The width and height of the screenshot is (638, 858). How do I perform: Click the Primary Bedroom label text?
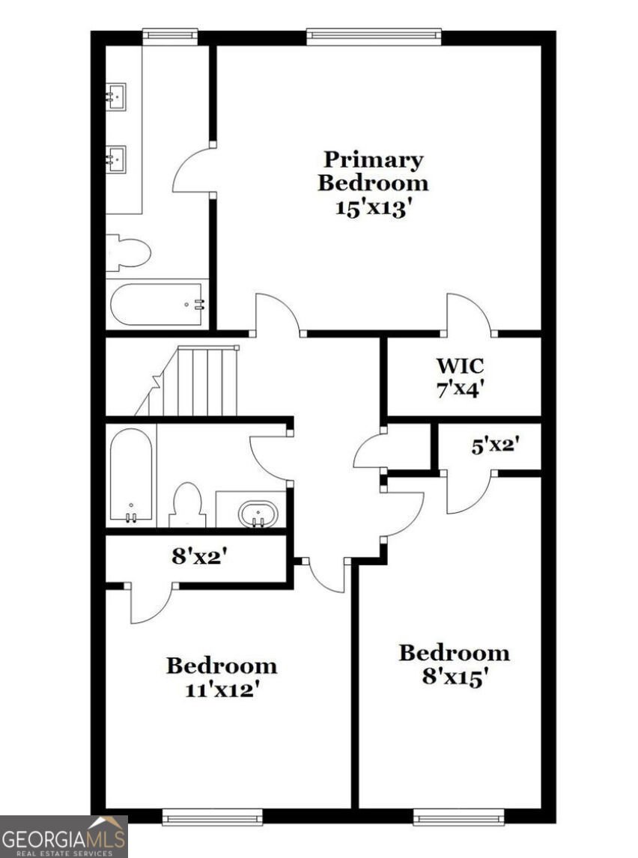coord(373,171)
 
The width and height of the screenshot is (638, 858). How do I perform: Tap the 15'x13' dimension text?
coord(373,207)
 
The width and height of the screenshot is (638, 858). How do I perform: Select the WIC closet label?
coord(460,366)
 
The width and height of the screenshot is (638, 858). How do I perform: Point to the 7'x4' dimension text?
coord(460,389)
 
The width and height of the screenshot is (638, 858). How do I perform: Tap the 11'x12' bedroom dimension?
coord(222,689)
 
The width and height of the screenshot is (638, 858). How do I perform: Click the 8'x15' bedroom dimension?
coord(454,677)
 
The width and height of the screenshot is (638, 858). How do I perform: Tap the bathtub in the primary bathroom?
coord(157,304)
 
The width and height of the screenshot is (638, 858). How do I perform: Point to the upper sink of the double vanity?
coord(116,96)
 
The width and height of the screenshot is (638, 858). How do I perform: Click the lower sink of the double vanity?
coord(116,158)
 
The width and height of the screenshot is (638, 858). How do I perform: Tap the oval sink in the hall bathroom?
coord(258,514)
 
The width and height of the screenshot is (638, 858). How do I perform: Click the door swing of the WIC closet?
coord(470,314)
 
